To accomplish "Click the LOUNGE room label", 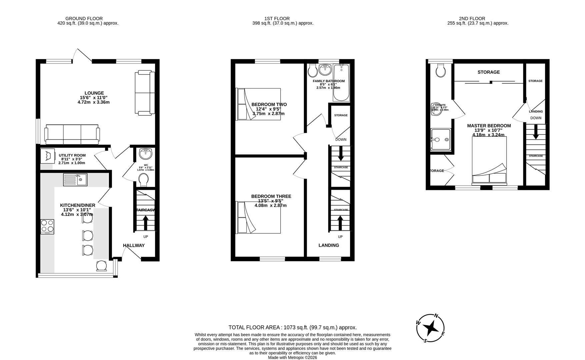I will pos(94,93).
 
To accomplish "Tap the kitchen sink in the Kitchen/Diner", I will pos(75,180).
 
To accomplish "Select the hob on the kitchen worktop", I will pos(47,226).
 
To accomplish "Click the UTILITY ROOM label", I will pos(72,155).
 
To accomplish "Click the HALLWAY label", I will pos(134,245).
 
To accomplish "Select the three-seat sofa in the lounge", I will pos(72,134).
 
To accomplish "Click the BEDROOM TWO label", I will pos(269,104).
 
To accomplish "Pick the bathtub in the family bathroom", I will pos(341,83).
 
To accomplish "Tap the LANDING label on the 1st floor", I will pos(329,245).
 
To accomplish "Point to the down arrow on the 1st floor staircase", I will pos(341,154).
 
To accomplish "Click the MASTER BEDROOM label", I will pos(489,126).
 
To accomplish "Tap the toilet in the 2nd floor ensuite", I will pos(441,70).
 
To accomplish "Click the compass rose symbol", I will pos(431,328).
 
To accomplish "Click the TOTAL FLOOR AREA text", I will pos(292,327).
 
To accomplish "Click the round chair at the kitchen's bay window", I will pos(102,266).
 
